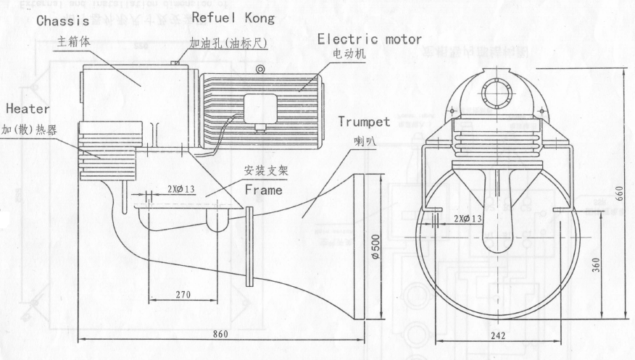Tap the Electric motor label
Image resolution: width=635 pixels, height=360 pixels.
[x=370, y=39]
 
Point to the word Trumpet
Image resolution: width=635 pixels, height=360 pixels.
[x=364, y=122]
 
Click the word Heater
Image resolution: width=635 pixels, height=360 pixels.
[x=28, y=109]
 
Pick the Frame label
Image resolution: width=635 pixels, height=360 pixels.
[x=264, y=191]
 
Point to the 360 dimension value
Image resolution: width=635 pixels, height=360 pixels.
[x=596, y=265]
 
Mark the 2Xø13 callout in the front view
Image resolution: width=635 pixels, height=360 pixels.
[x=467, y=218]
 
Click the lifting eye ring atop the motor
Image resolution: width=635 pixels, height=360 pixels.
[x=260, y=70]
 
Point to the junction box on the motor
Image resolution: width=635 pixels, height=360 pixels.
[x=259, y=109]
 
